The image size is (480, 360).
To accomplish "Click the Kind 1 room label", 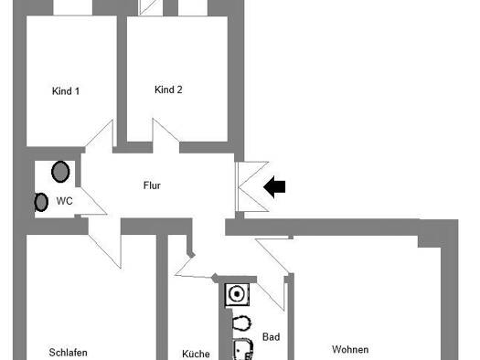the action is click(x=66, y=91).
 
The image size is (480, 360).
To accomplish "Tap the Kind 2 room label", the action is click(x=168, y=90).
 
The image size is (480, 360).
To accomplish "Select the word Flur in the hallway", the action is click(x=152, y=185).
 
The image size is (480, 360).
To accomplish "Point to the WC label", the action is click(x=65, y=201).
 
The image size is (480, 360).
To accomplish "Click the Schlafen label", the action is click(x=68, y=353).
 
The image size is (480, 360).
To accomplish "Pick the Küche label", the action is click(x=196, y=354).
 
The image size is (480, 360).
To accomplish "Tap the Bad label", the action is click(x=272, y=337).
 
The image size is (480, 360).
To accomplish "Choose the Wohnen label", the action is click(x=350, y=349).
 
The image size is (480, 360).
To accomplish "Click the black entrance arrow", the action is click(x=274, y=187).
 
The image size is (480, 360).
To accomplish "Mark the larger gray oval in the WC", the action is click(x=60, y=172).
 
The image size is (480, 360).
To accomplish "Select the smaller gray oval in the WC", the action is click(x=41, y=202).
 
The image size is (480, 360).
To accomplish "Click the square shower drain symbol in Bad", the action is click(x=237, y=294).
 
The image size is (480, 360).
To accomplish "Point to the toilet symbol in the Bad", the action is click(x=242, y=323).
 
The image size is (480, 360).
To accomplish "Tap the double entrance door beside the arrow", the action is click(x=252, y=186).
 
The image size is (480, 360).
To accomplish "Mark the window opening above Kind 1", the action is click(x=73, y=7).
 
